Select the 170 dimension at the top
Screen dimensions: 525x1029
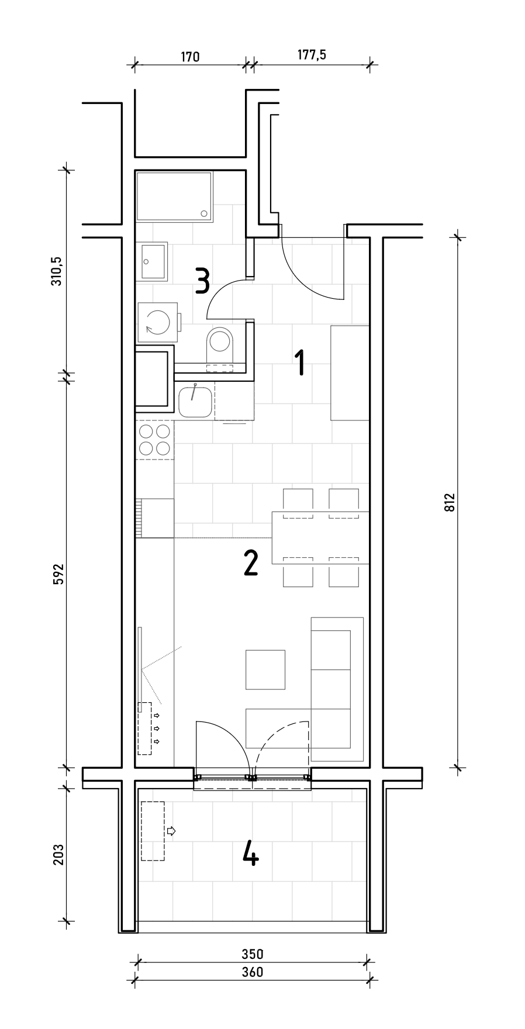coord(190,56)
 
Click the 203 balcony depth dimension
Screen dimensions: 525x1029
coord(57,854)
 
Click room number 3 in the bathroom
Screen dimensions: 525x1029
coord(202,281)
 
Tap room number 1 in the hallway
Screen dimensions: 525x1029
coord(300,362)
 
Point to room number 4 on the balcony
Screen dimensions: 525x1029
coord(250,853)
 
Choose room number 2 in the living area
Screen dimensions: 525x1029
coord(250,564)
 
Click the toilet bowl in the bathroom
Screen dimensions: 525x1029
coord(220,341)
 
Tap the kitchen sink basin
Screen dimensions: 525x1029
coord(196,400)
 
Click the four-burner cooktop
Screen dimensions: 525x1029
coord(155,440)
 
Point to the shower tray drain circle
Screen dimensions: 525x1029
coord(203,214)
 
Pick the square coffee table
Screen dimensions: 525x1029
coord(265,669)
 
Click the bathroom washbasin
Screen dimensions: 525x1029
coord(154,261)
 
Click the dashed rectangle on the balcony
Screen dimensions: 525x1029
coord(153,830)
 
